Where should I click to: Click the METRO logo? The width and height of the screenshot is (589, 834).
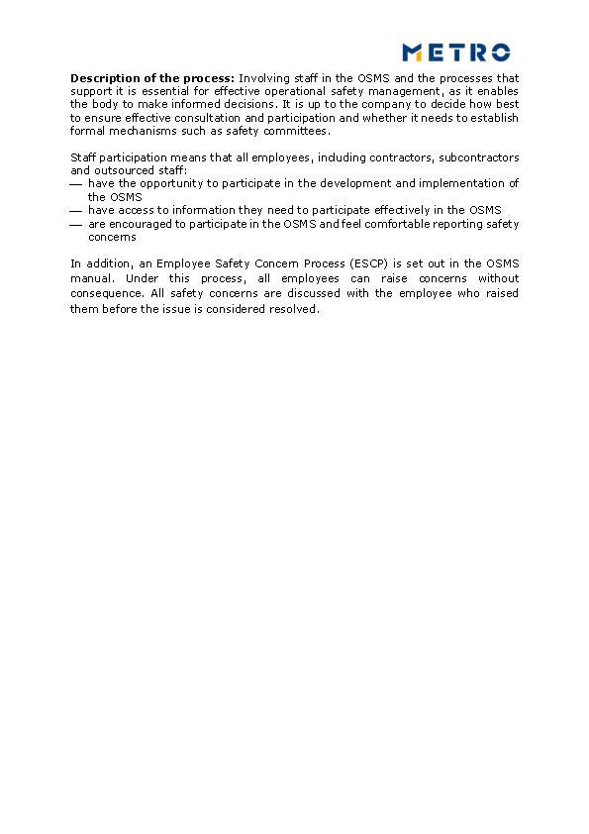(x=456, y=52)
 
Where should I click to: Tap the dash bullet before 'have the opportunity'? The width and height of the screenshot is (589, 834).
(x=76, y=184)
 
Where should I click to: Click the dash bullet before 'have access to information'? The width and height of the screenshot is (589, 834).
(x=76, y=211)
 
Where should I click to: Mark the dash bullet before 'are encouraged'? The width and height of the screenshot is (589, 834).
(x=76, y=225)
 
